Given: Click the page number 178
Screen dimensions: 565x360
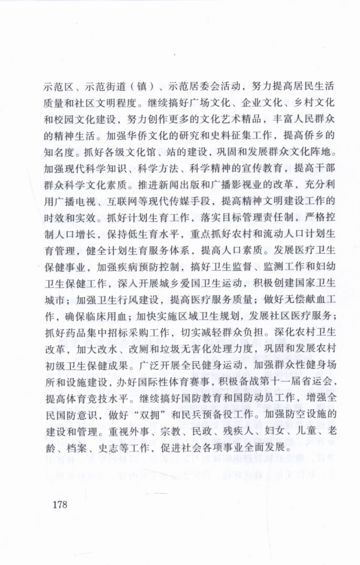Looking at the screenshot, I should coord(60,504).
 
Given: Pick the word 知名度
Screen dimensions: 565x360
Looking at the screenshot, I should coord(60,152).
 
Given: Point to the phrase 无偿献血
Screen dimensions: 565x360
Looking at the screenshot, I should coord(304,300).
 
